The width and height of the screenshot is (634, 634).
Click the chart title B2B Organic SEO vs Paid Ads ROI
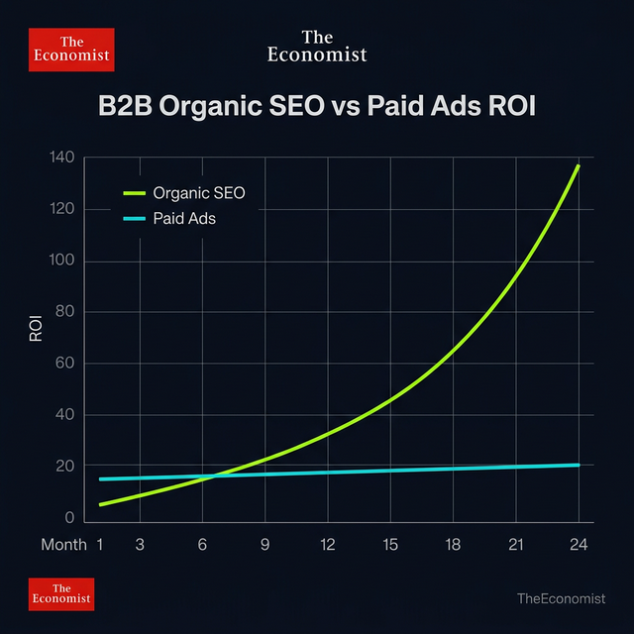click(317, 107)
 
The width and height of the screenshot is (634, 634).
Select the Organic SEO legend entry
click(198, 192)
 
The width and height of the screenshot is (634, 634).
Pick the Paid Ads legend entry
click(184, 218)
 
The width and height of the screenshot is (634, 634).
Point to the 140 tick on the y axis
click(61, 158)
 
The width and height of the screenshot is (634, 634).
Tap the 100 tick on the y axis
click(61, 262)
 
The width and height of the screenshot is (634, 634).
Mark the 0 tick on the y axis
click(70, 518)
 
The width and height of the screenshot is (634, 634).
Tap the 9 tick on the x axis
click(265, 545)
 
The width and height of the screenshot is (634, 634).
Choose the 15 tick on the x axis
click(390, 545)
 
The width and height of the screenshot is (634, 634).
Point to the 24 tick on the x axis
click(579, 545)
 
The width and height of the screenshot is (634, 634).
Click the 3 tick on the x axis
click(140, 545)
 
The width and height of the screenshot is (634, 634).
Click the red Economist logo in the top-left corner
click(71, 50)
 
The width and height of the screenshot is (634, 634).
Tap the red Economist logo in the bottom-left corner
click(61, 593)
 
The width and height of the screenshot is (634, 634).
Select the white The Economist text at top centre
click(317, 46)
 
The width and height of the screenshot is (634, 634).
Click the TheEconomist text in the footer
click(561, 598)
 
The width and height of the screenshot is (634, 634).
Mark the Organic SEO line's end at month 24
click(579, 165)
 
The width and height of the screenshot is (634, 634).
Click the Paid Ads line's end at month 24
click(579, 465)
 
